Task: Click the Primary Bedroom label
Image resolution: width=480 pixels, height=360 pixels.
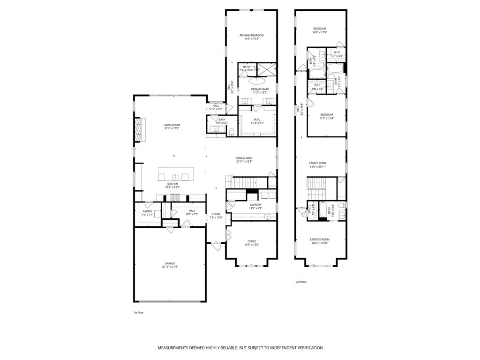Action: coord(252,35)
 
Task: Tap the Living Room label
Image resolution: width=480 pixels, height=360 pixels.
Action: coord(172,125)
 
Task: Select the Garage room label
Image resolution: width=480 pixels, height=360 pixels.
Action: coord(170,263)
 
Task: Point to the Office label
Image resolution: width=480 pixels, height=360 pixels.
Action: coord(252,241)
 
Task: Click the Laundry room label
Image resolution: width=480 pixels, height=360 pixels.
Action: coord(255,205)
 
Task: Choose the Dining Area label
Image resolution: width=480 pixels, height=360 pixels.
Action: coord(244,158)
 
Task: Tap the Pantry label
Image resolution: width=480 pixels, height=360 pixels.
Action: coord(148,211)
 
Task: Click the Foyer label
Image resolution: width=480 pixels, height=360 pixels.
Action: coord(216,214)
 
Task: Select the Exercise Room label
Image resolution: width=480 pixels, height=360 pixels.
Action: coord(320,240)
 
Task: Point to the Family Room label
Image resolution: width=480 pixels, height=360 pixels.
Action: coord(318,163)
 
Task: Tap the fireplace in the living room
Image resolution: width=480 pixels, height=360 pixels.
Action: coord(138,129)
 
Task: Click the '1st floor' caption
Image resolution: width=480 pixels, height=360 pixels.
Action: coord(139,312)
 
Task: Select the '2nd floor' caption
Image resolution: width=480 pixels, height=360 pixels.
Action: coord(301,282)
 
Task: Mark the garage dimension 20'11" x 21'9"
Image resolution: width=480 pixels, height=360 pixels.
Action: coord(170,267)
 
